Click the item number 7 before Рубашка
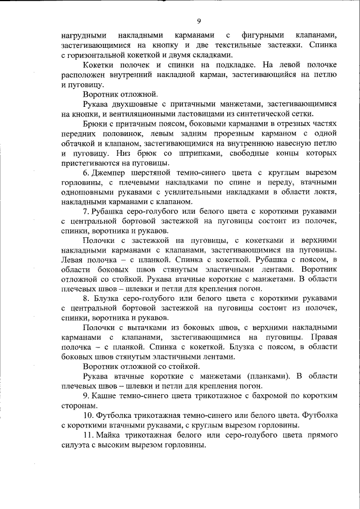[x=85, y=211]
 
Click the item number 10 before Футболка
[x=88, y=415]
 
